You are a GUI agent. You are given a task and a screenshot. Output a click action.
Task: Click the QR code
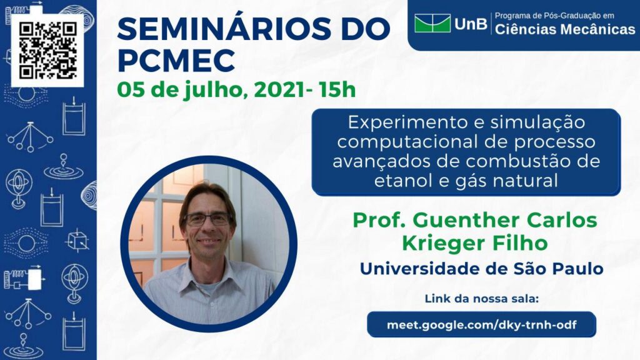[x=47, y=51]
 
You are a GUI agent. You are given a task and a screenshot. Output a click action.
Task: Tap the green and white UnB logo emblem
[x=432, y=23]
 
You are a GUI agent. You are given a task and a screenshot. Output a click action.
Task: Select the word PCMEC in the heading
[x=176, y=61]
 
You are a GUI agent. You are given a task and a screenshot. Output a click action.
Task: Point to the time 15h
[x=337, y=90]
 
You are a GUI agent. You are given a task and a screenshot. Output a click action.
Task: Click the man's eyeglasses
[x=209, y=219]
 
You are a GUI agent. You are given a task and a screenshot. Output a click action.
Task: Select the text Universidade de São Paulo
[x=481, y=269]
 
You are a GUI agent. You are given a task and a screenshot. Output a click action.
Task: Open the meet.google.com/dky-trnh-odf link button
[x=482, y=324]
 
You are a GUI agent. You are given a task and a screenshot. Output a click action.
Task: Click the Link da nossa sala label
[x=482, y=299]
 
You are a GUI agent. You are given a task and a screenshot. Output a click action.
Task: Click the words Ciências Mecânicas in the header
[x=565, y=29]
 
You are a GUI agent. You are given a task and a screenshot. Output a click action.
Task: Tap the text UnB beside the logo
[x=471, y=24]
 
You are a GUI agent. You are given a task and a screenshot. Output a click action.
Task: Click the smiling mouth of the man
[x=209, y=242]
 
